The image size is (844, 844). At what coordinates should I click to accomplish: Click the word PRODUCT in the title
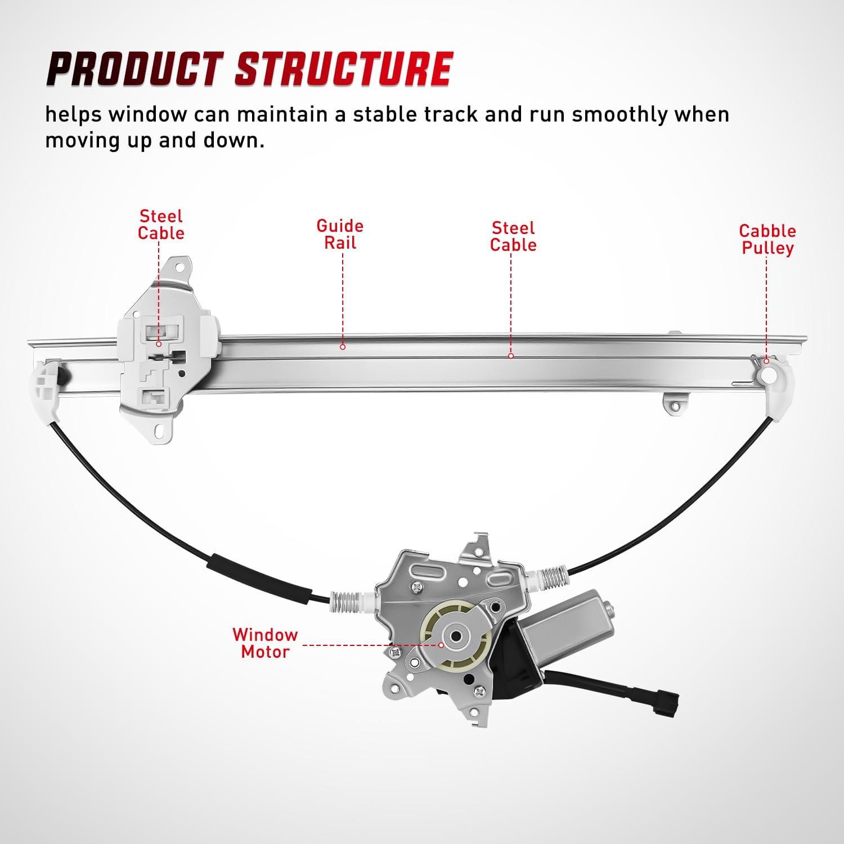pyautogui.click(x=135, y=69)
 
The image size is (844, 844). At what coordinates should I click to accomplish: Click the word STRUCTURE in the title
pyautogui.click(x=344, y=69)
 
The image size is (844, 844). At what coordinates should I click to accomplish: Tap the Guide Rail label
pyautogui.click(x=340, y=234)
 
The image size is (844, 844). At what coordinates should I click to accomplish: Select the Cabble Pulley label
pyautogui.click(x=767, y=239)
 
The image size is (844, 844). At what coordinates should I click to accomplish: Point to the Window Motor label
pyautogui.click(x=265, y=643)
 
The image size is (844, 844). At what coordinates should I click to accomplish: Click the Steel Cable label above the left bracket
pyautogui.click(x=161, y=225)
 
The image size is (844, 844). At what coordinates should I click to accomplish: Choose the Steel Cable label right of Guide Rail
pyautogui.click(x=513, y=236)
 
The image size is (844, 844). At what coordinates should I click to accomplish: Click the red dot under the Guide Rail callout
pyautogui.click(x=342, y=347)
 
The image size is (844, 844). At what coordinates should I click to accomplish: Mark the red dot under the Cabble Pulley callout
pyautogui.click(x=766, y=361)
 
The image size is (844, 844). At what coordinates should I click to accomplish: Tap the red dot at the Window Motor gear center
pyautogui.click(x=442, y=644)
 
